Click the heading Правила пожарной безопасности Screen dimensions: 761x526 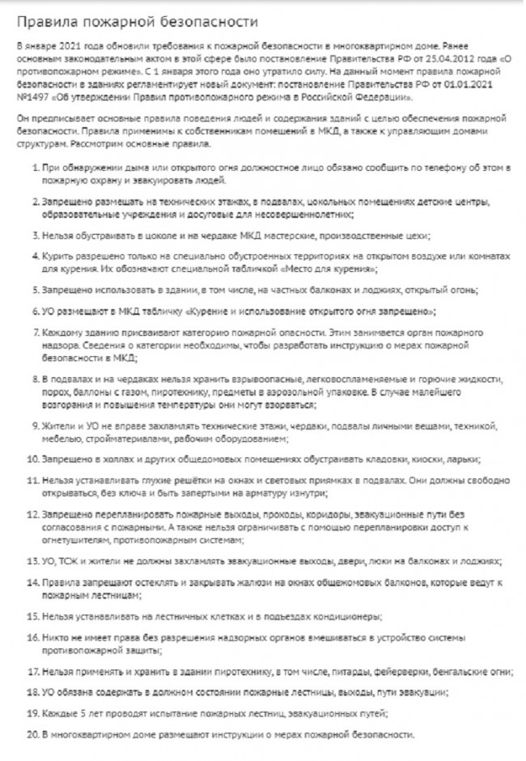(x=138, y=22)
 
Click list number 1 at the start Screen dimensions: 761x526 (x=36, y=166)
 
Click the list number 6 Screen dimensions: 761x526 (x=36, y=311)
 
